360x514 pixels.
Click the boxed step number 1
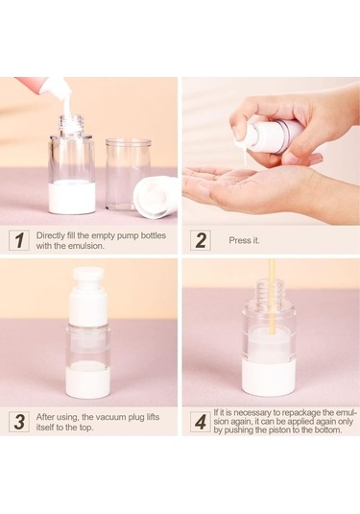[19, 240]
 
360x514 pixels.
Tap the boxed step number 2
[201, 240]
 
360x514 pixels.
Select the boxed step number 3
[19, 422]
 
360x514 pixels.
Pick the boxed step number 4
[201, 422]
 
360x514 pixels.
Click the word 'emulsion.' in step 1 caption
[86, 246]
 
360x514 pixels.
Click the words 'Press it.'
[244, 240]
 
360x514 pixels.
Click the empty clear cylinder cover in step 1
[128, 177]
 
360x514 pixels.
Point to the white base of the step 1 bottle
[72, 197]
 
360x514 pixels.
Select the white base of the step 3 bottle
[88, 381]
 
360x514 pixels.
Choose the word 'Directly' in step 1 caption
[50, 235]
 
